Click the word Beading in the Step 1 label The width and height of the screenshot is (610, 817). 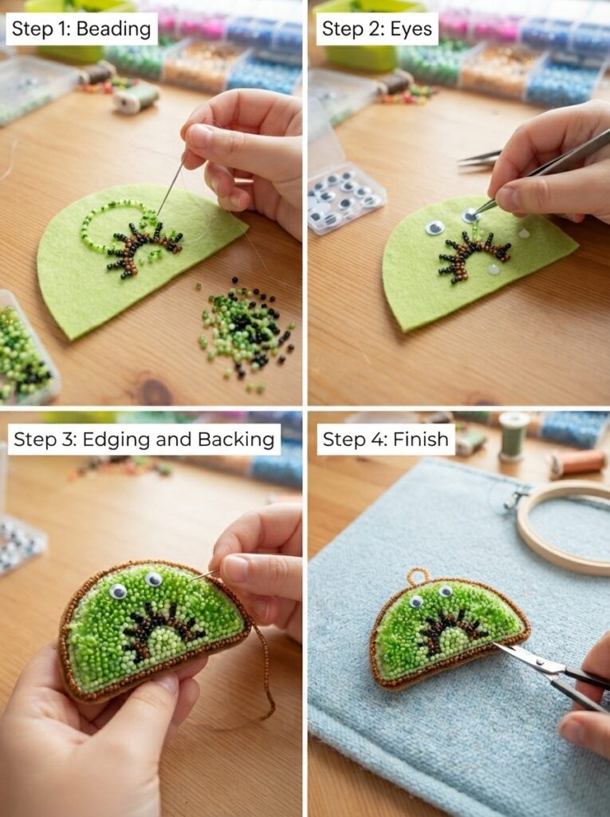(113, 30)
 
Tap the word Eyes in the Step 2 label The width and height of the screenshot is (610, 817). (411, 29)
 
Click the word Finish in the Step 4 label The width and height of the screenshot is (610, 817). (420, 440)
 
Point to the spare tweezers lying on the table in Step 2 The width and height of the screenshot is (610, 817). (479, 159)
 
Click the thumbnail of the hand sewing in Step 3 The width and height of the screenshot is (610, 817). (235, 568)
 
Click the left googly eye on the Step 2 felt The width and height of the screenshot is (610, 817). (435, 227)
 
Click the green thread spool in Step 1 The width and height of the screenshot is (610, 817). (136, 97)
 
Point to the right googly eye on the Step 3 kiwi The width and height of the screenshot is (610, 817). (153, 579)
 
